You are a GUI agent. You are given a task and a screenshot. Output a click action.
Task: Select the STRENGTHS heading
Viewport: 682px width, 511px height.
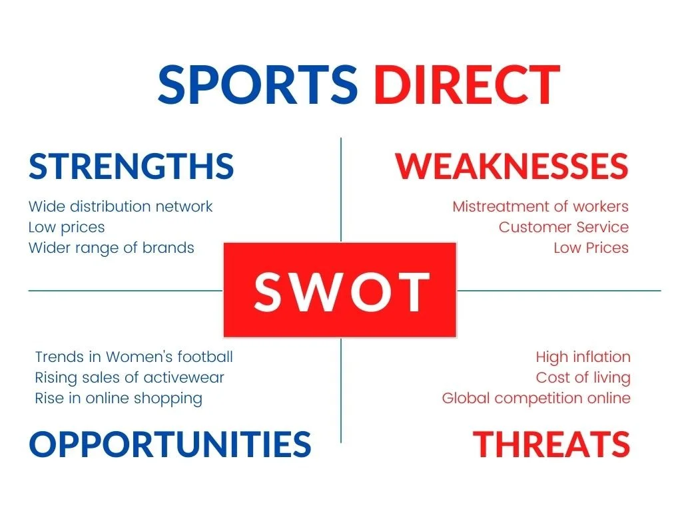pos(131,166)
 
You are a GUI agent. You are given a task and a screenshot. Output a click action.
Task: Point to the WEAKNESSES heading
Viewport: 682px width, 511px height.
pos(511,166)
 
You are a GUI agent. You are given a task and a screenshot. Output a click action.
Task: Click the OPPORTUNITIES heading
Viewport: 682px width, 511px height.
pos(170,444)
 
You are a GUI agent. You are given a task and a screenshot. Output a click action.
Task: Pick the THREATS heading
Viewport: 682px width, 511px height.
pos(551,444)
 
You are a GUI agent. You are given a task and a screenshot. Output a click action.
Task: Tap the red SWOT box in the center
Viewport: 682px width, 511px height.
pos(340,290)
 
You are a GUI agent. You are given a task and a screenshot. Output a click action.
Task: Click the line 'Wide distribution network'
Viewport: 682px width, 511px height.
pos(121,206)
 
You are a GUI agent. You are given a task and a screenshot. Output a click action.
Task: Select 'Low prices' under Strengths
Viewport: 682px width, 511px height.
pos(67,227)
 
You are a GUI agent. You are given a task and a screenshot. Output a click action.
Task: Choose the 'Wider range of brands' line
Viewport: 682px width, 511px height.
pos(111,248)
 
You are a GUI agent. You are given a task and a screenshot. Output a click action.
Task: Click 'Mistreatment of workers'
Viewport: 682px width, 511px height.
pos(540,206)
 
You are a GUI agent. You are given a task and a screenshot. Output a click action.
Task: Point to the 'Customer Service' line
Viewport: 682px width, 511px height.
pos(563,227)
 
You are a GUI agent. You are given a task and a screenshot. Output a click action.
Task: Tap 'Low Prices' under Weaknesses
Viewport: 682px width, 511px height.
pos(591,248)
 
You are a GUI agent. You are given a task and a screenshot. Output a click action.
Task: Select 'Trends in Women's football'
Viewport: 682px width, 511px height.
pos(134,357)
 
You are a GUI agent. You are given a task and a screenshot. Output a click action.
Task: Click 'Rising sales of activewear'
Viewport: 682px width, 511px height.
pos(129,377)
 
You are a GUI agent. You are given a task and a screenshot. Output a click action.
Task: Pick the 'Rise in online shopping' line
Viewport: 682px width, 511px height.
pos(119,398)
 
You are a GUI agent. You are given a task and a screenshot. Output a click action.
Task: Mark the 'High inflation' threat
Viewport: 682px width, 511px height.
pos(583,357)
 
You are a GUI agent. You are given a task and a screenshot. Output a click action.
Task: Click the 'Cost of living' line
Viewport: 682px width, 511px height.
pos(583,377)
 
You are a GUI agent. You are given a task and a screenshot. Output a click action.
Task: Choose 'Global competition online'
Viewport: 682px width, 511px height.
pos(536,398)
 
